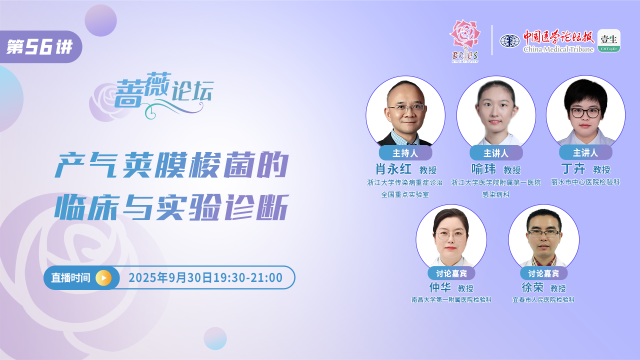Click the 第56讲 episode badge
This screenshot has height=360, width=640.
[x=40, y=46]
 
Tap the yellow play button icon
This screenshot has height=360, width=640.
[x=103, y=277]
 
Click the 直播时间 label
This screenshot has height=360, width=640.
[x=70, y=277]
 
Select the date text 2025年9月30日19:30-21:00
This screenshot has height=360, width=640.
[x=205, y=277]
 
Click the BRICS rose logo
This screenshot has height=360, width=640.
[x=465, y=41]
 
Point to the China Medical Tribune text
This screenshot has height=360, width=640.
[x=558, y=49]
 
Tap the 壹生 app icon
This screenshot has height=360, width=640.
[x=609, y=40]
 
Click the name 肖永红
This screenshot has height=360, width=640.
[x=393, y=169]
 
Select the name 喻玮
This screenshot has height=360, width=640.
[x=483, y=169]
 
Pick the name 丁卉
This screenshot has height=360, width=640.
[x=573, y=169]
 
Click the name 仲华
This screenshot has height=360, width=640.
[x=440, y=287]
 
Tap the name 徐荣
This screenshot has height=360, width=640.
[x=532, y=287]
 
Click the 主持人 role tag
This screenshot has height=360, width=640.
[x=405, y=153]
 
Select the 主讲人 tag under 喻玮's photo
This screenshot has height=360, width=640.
[x=496, y=153]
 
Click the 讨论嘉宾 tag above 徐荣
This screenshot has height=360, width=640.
[x=543, y=273]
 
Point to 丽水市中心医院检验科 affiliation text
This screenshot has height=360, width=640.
[x=585, y=182]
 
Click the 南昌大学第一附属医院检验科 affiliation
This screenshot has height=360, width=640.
[x=451, y=299]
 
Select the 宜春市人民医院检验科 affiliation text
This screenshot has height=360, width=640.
[x=543, y=299]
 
